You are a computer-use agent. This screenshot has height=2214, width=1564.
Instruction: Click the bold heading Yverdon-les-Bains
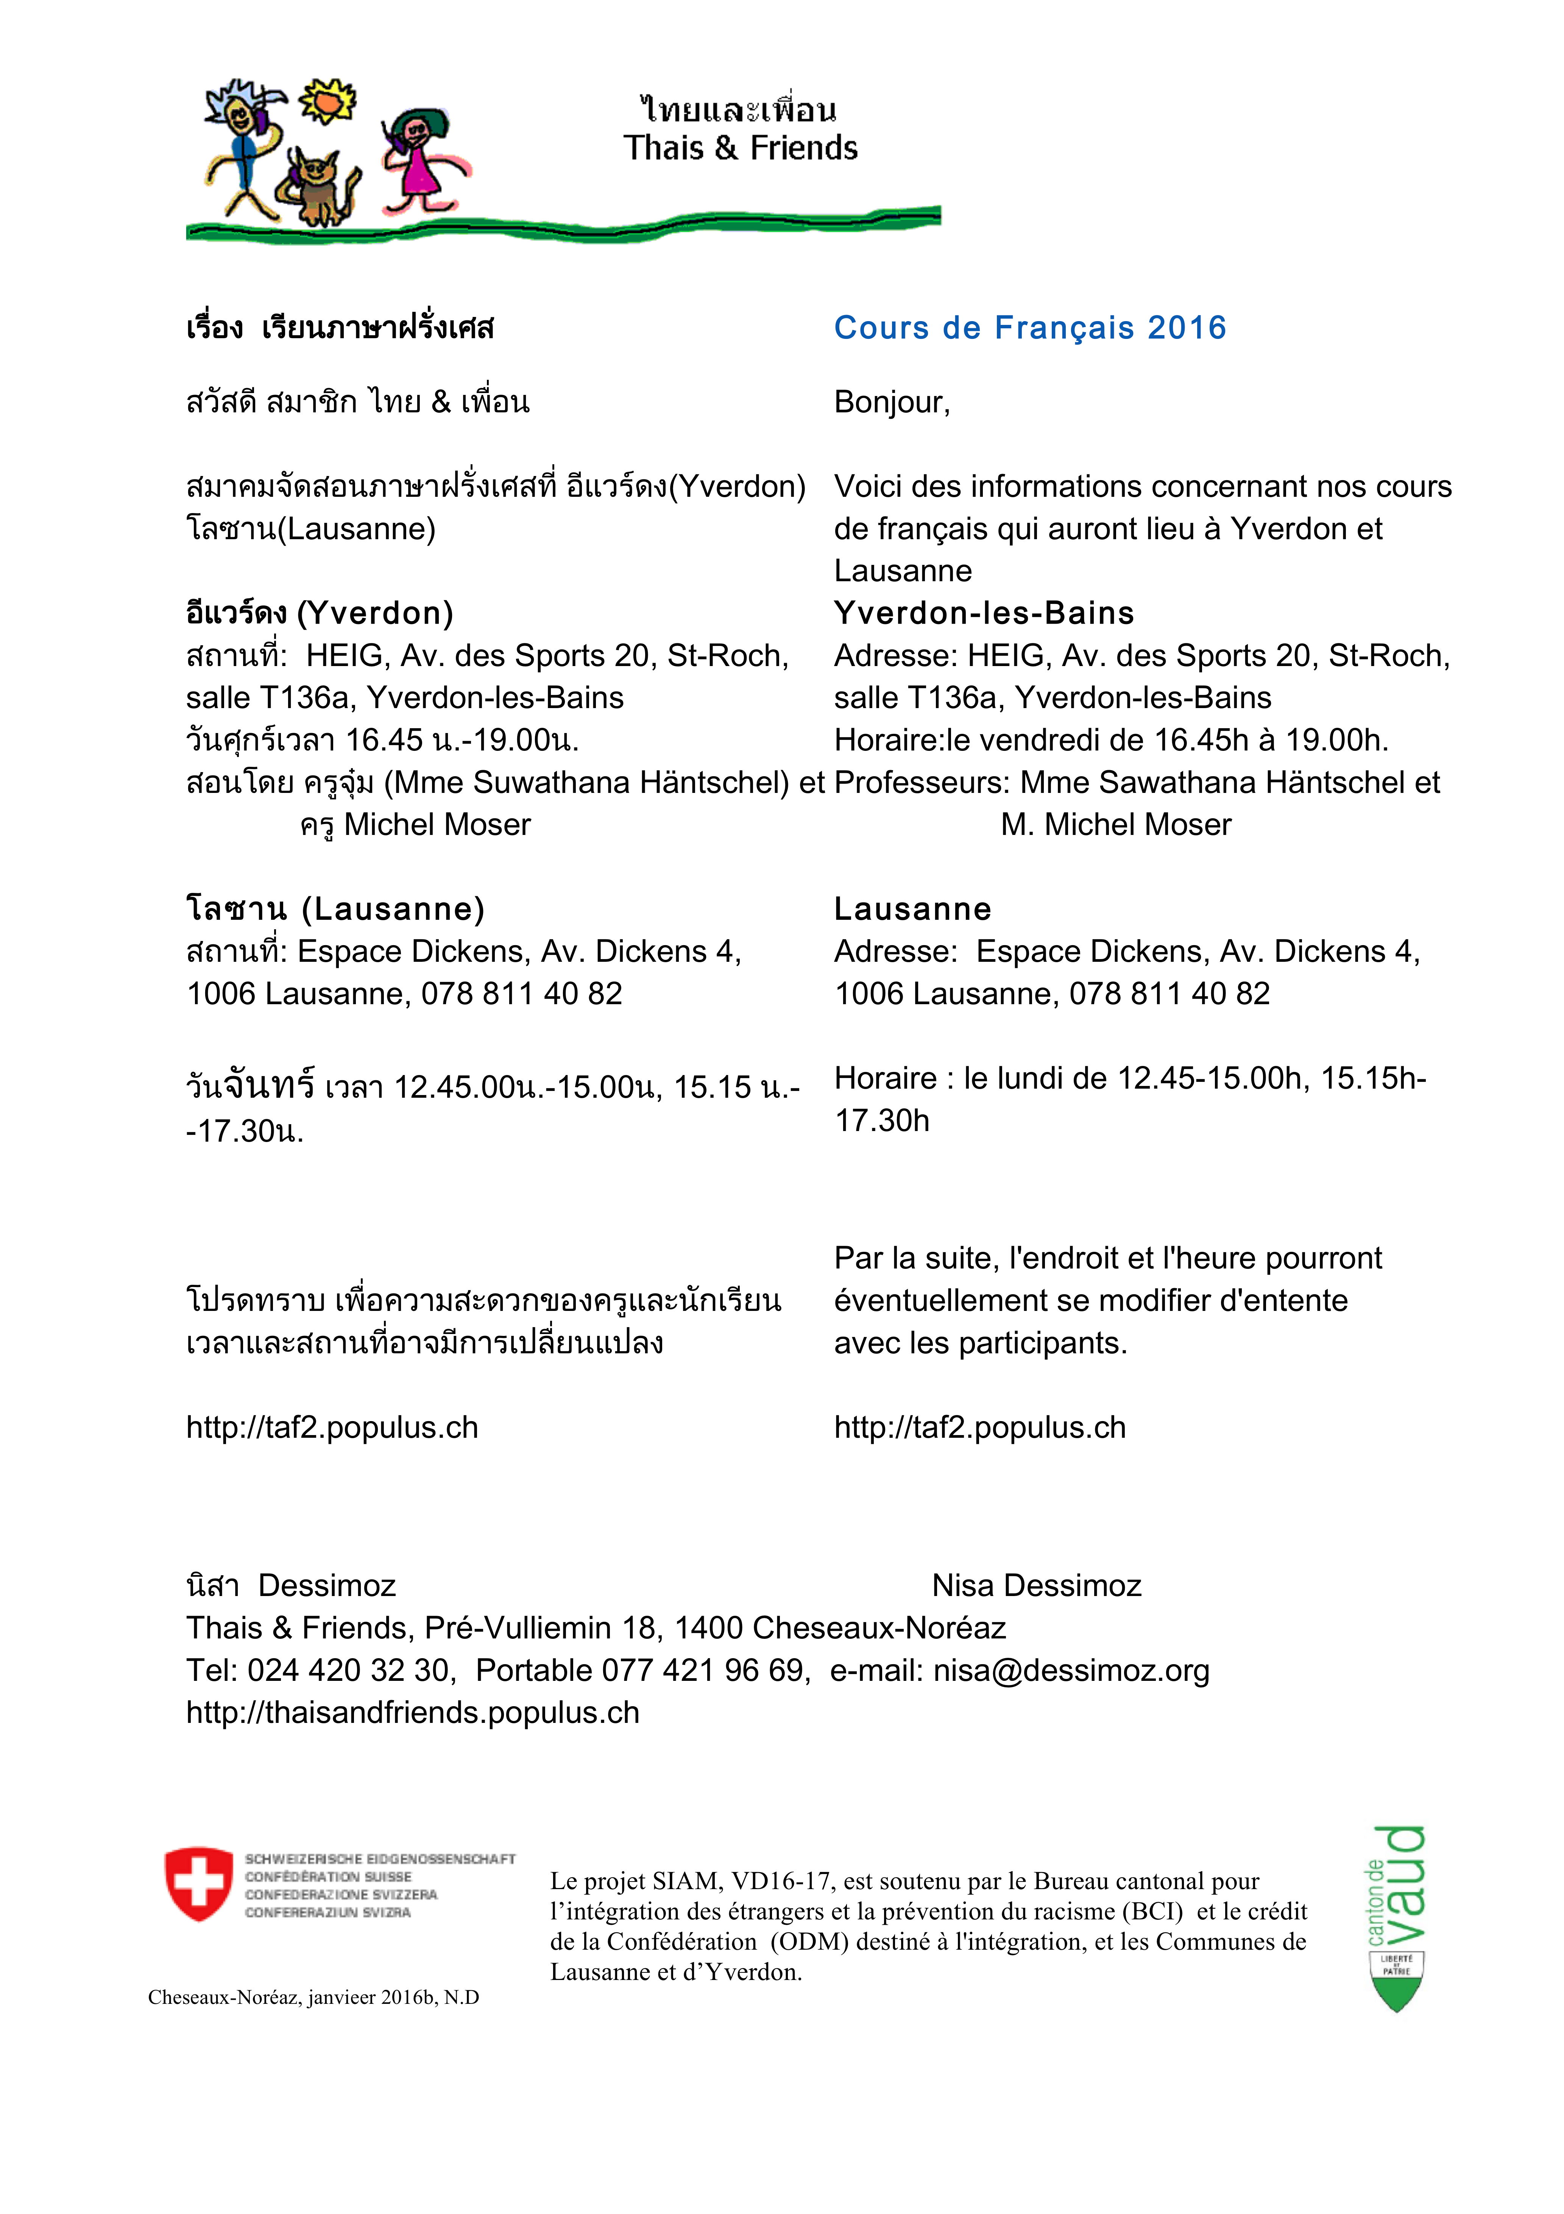click(x=984, y=613)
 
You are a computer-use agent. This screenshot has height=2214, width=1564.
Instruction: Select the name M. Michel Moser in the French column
click(x=1116, y=824)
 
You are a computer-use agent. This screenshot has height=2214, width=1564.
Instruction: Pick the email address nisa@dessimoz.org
click(x=1070, y=1670)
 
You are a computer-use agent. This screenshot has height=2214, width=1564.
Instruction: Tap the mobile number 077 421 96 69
click(x=703, y=1670)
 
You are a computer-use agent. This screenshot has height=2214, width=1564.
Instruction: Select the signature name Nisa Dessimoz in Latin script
click(x=1037, y=1585)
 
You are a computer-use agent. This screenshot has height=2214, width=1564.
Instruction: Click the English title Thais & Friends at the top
click(x=739, y=148)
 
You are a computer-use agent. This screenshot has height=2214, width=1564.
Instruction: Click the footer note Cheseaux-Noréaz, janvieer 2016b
click(x=313, y=1997)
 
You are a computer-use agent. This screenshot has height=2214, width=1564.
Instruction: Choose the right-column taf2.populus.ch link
click(x=980, y=1427)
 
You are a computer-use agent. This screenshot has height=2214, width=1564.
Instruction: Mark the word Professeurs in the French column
click(x=921, y=782)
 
